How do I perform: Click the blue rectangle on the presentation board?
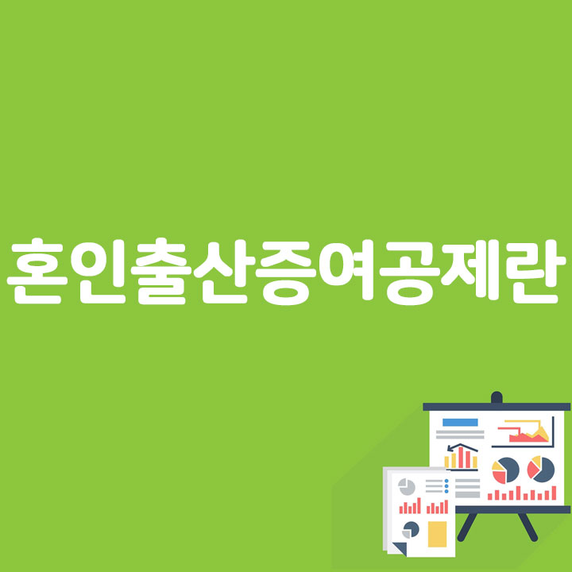(x=460, y=421)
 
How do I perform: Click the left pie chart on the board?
(x=505, y=470)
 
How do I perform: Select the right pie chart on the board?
(x=541, y=468)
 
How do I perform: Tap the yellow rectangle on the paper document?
(x=437, y=534)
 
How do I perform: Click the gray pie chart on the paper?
(x=407, y=486)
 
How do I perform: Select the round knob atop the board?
(x=497, y=396)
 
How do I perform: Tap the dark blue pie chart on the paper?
(x=411, y=528)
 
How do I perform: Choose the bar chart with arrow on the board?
(x=461, y=457)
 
